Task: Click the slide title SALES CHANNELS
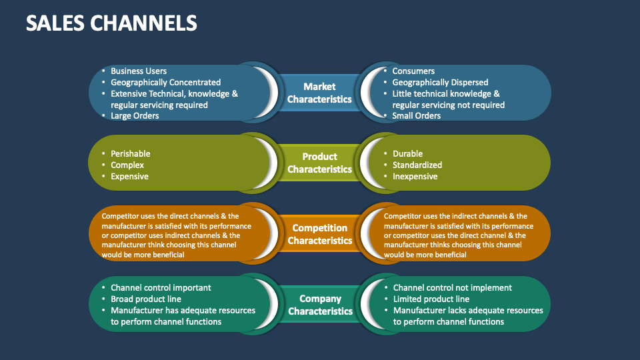[111, 23]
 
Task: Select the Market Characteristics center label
[319, 93]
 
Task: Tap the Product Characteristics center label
[319, 163]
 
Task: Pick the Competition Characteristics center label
[319, 234]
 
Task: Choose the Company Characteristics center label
[320, 305]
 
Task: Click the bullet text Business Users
[139, 71]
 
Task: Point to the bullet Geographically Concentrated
[165, 83]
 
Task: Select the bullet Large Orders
[135, 116]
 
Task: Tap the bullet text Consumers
[413, 71]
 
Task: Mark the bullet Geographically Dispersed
[440, 83]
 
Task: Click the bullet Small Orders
[417, 116]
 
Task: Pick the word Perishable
[131, 154]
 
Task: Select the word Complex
[127, 165]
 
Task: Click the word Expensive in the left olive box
[129, 177]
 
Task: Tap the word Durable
[407, 154]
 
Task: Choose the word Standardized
[417, 165]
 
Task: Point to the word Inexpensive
[415, 177]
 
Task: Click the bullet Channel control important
[161, 288]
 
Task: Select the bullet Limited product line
[431, 299]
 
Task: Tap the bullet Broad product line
[146, 299]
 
